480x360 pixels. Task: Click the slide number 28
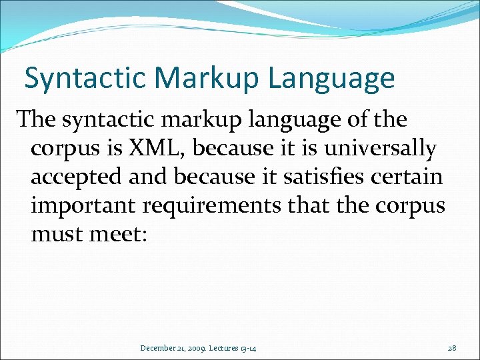point(453,348)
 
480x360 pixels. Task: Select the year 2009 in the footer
point(197,348)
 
